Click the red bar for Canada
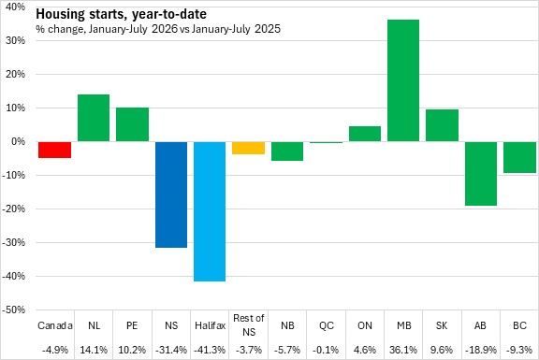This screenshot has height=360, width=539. [x=54, y=150]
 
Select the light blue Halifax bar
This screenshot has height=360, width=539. [x=210, y=211]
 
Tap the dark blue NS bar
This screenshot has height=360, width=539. [x=171, y=194]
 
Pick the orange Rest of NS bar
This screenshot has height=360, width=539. [x=249, y=148]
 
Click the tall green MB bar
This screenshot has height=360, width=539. [x=403, y=80]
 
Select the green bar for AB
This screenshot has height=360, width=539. [x=481, y=174]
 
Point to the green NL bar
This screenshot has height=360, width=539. [x=94, y=118]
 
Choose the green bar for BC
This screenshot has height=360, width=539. [x=519, y=157]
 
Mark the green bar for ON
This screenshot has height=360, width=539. [x=365, y=134]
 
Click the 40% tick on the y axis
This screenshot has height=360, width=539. [x=15, y=7]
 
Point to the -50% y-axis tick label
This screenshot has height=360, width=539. [x=14, y=310]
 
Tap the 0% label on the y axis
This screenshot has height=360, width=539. [x=18, y=141]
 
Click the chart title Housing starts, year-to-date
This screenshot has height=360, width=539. [x=121, y=14]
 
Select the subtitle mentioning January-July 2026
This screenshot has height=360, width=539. [x=158, y=29]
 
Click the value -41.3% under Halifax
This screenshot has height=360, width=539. [x=210, y=350]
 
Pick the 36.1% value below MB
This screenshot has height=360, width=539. [x=403, y=350]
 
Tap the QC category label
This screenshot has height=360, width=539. [x=327, y=325]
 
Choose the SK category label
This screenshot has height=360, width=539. [x=442, y=325]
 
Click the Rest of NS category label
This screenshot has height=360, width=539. [x=249, y=325]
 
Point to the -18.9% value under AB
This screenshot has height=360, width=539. [x=481, y=350]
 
